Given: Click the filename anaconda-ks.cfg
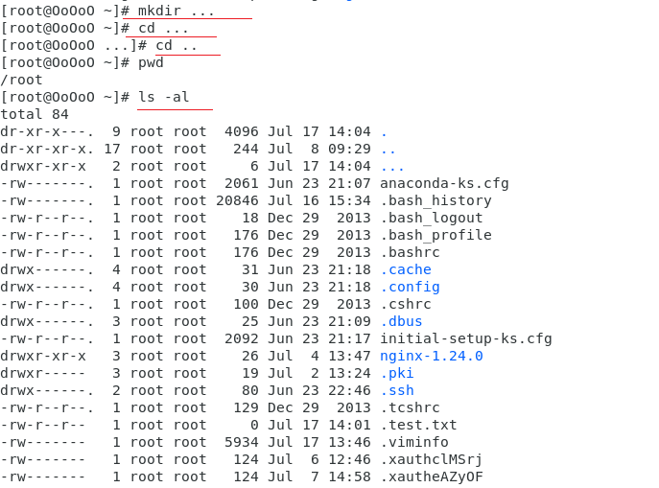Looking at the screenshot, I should click(x=444, y=183).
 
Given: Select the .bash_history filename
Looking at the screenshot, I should click(x=435, y=200).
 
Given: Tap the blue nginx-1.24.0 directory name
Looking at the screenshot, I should click(x=432, y=356).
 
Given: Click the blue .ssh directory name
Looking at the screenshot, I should click(x=397, y=390).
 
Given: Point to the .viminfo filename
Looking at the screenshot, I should click(x=414, y=442).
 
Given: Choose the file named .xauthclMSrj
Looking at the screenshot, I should click(x=432, y=459).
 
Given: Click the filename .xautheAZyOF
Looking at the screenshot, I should click(x=432, y=476).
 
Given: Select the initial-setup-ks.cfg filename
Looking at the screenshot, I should click(x=466, y=338).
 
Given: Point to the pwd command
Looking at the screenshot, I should click(x=152, y=62).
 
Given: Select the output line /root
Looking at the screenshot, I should click(x=22, y=80).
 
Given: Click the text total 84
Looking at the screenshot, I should click(x=35, y=114).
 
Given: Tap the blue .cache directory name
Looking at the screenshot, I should click(x=406, y=269).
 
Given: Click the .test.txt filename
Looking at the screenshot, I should click(x=418, y=425).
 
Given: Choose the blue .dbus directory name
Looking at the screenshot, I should click(x=401, y=321).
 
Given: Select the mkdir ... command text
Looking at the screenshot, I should click(x=177, y=11).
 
